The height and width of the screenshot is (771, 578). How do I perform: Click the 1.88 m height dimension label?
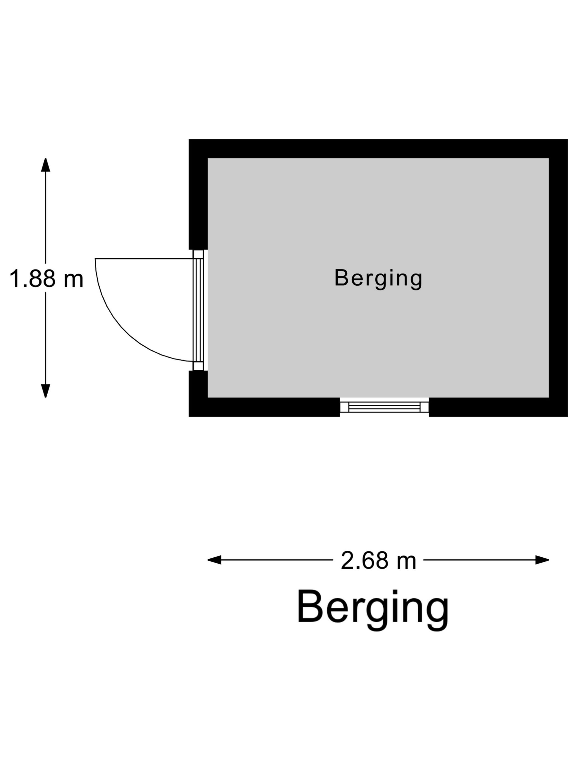coord(46,278)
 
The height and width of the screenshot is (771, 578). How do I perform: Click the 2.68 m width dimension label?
coord(378,560)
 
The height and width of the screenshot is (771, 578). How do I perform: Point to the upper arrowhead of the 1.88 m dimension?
coord(46,165)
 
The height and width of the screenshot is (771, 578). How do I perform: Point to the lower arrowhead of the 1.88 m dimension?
coord(46,391)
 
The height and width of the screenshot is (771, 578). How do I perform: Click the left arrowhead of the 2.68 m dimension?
coord(214,560)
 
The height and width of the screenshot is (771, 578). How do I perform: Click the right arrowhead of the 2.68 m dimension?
coord(542,560)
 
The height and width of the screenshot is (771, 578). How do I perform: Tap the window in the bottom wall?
coord(384,407)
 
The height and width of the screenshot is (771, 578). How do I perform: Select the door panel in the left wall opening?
coord(198,310)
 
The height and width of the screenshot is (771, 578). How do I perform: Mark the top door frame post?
coord(198,254)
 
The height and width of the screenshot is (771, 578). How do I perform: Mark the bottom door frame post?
coord(198,366)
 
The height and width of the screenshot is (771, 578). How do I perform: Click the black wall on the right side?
coord(558,278)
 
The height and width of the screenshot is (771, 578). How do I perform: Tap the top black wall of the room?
coord(378,149)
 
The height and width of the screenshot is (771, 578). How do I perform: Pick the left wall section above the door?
coord(198,194)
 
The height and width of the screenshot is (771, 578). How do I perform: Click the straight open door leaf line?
coord(144,259)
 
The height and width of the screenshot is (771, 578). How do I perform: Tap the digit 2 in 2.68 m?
coord(347,560)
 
